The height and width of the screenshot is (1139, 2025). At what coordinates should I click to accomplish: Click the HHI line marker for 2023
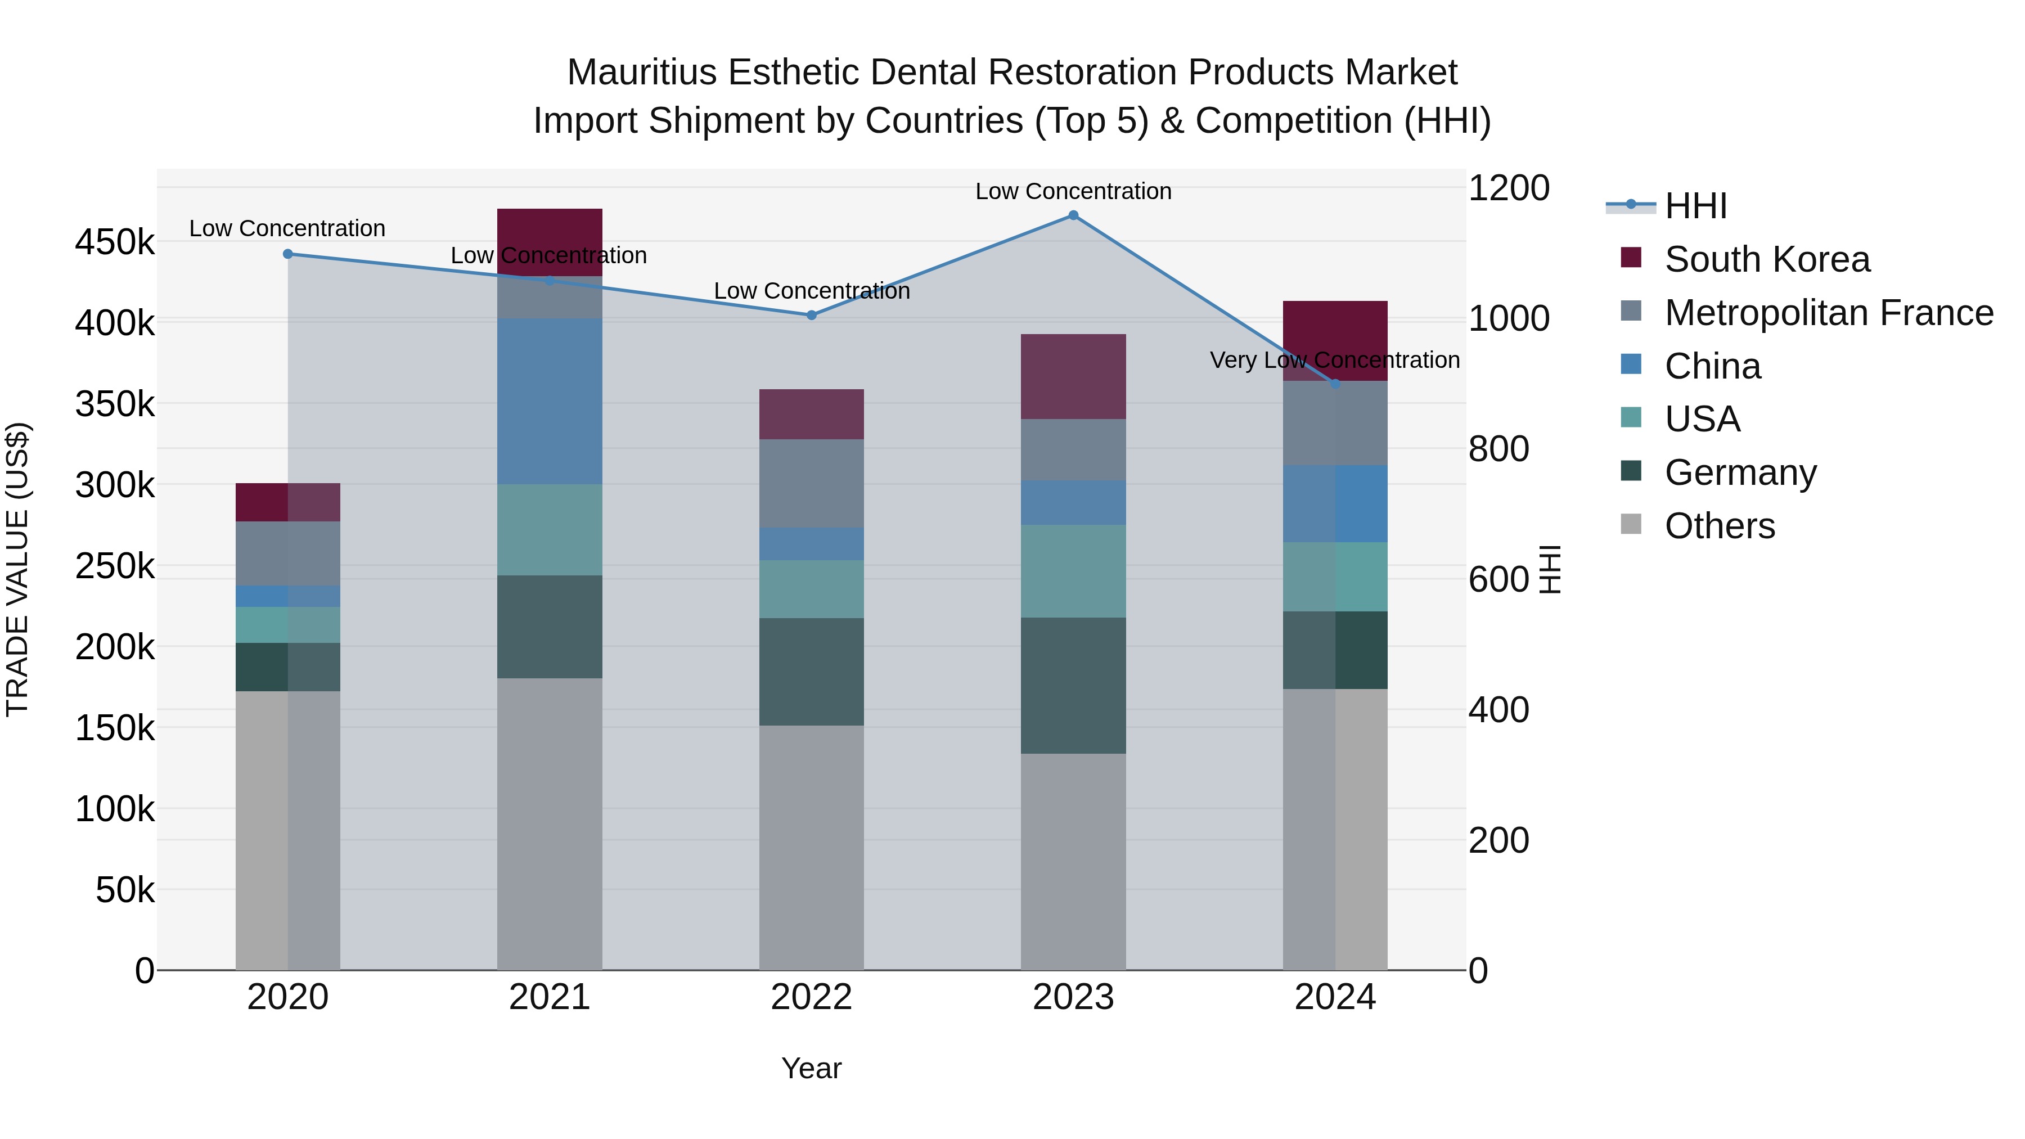[1073, 215]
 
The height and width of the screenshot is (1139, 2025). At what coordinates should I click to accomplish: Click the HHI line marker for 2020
[287, 254]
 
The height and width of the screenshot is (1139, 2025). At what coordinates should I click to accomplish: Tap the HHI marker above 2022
[811, 315]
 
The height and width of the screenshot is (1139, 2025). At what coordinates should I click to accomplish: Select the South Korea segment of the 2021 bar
[550, 236]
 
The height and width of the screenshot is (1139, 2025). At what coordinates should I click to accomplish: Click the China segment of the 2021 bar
[550, 401]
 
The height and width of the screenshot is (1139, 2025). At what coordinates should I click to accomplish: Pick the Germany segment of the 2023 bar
[1073, 686]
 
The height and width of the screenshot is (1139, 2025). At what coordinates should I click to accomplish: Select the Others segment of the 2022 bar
[811, 848]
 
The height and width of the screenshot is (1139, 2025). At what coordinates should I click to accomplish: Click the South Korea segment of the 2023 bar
[1073, 376]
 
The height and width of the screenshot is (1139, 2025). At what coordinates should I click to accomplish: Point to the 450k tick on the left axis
[115, 242]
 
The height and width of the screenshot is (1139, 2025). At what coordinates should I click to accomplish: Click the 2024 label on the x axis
[1335, 997]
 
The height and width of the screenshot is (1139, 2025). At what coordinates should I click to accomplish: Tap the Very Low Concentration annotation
[1335, 360]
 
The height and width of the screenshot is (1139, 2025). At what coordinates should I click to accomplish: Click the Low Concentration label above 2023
[1073, 191]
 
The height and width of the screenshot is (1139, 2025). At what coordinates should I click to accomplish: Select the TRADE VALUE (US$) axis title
[17, 569]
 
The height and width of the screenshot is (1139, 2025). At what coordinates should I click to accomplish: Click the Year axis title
[811, 1068]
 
